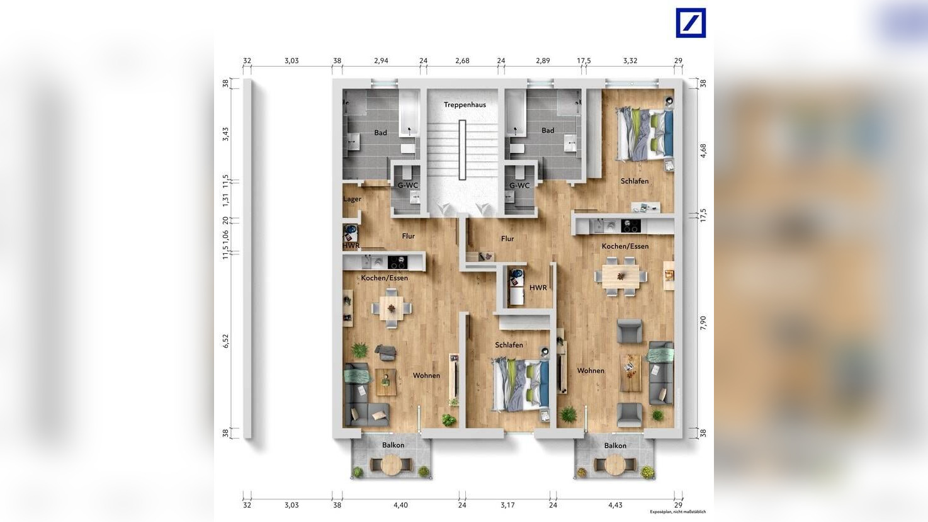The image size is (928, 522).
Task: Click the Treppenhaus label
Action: click(465, 105)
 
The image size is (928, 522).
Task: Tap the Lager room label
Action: click(352, 199)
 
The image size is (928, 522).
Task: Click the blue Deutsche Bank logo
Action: click(691, 23)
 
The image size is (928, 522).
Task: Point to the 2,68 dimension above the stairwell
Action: click(462, 61)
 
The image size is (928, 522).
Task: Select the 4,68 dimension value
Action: click(703, 150)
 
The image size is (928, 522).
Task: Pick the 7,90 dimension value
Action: click(703, 322)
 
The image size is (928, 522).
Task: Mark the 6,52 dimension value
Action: click(226, 341)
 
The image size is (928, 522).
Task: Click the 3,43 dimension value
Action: click(226, 134)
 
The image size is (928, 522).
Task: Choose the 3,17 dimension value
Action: click(507, 505)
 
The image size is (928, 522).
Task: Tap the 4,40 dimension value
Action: click(400, 505)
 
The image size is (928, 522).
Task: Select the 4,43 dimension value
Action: click(615, 505)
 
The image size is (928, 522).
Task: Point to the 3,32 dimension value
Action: click(630, 61)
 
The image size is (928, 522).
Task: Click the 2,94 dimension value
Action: click(381, 61)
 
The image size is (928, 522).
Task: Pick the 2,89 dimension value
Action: click(543, 61)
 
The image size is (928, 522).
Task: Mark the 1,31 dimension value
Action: click(226, 200)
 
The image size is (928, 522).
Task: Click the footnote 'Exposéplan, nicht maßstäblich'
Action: click(678, 512)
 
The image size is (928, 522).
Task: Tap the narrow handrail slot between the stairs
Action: click(463, 149)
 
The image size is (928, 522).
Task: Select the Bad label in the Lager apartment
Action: click(380, 133)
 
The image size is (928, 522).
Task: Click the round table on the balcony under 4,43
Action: click(615, 465)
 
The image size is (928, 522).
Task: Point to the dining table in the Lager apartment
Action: click(392, 309)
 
